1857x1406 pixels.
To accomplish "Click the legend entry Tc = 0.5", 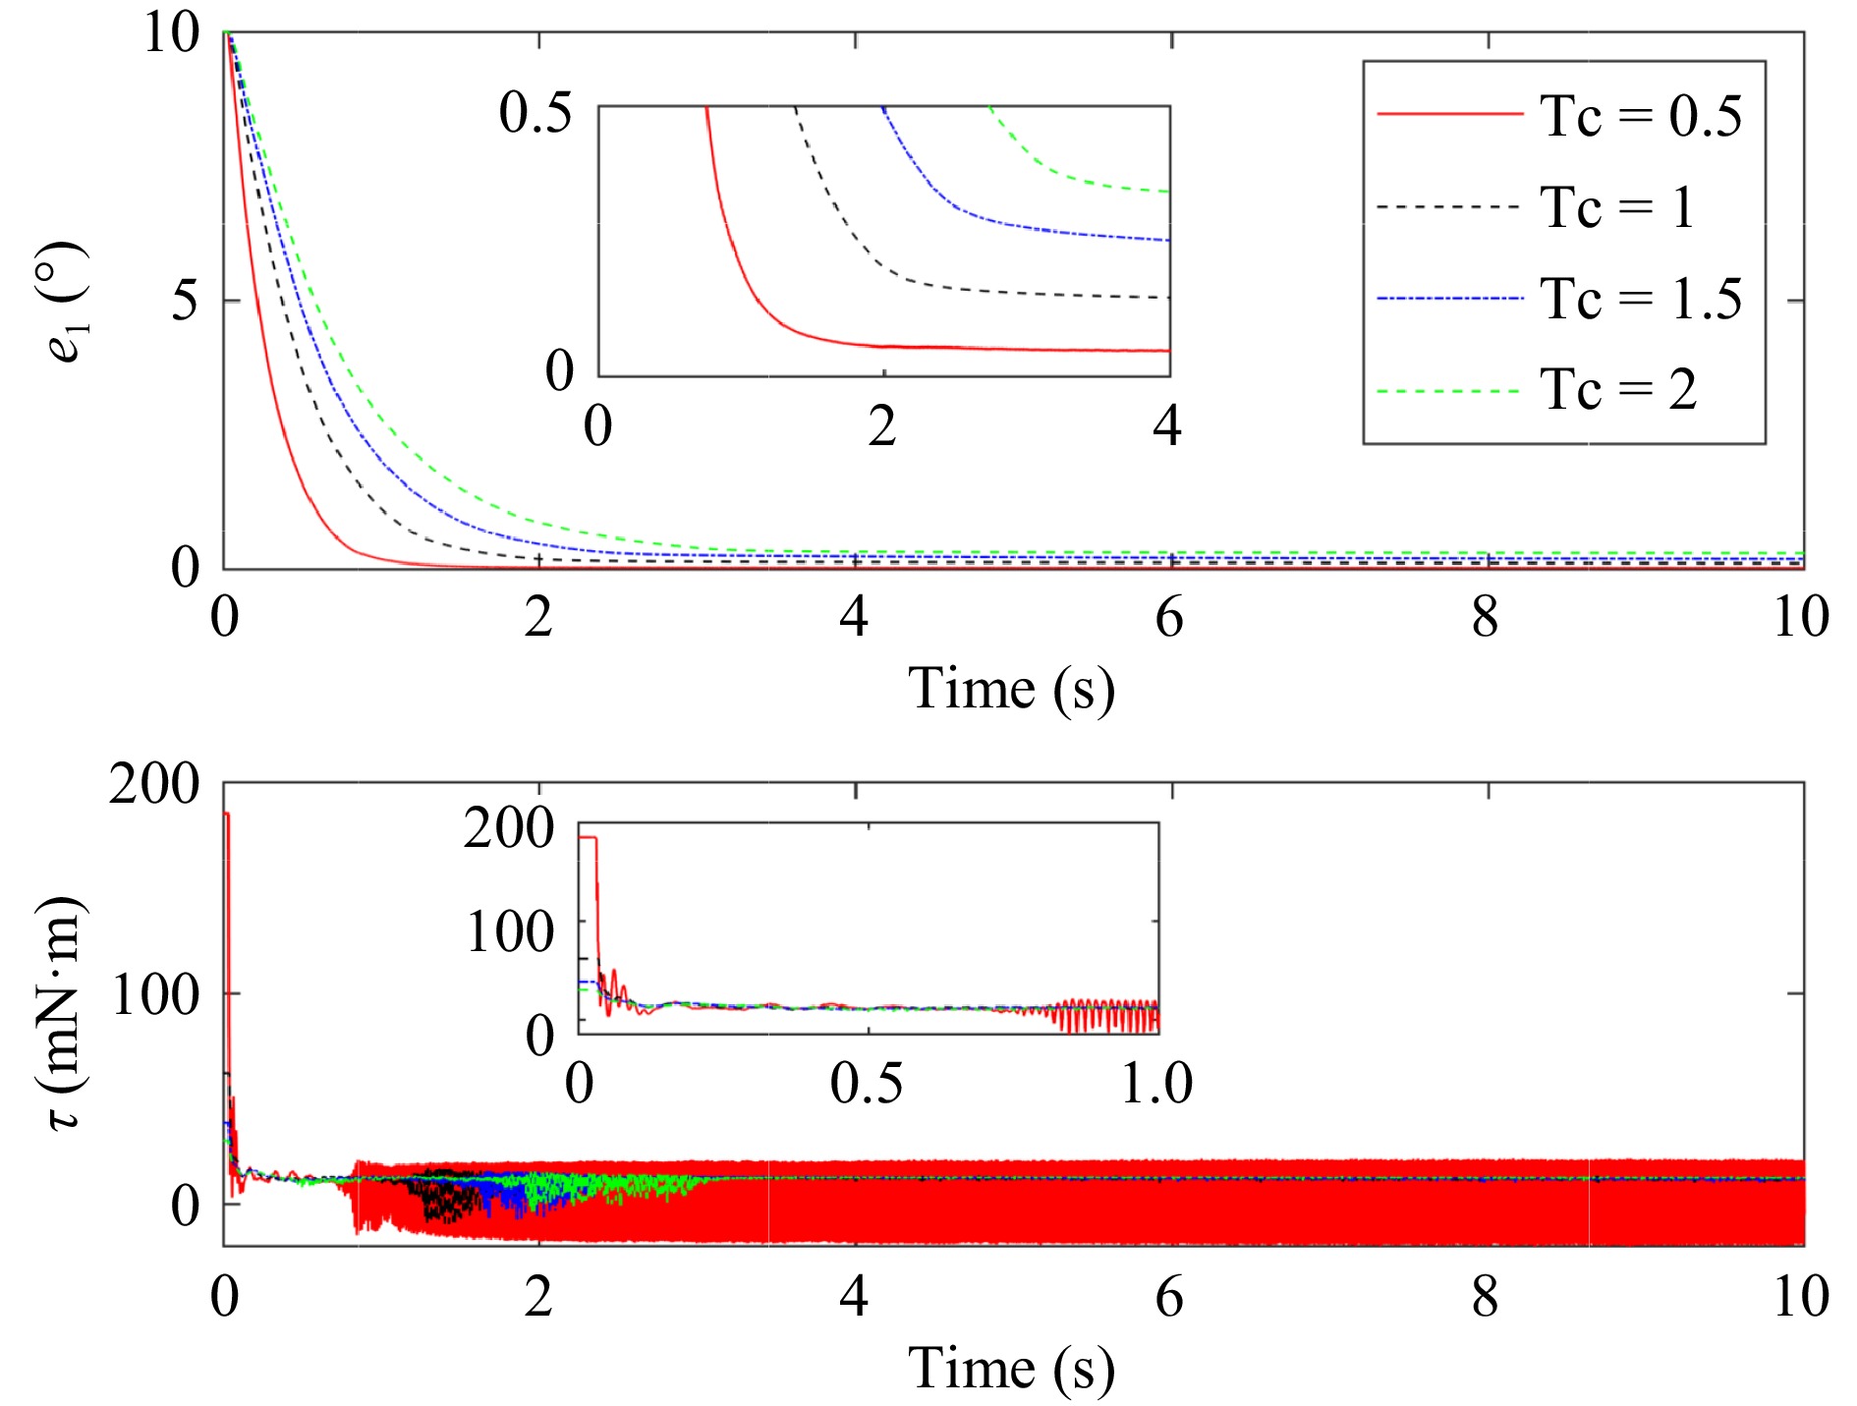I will click(1640, 116).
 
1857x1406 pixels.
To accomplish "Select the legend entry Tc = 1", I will click(1617, 207).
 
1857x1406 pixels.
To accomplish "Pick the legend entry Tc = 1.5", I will click(1640, 299).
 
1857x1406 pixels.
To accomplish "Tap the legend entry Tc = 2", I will click(1617, 390).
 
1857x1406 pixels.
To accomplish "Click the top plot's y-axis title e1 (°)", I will click(67, 302).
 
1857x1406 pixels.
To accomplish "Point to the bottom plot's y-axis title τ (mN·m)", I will click(65, 1012).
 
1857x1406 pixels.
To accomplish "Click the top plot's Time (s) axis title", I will click(1011, 688).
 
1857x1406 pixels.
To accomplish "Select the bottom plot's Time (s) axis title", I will click(1011, 1369).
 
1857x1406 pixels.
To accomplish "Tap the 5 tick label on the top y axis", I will click(185, 300).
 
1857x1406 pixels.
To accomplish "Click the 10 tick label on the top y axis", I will click(172, 33).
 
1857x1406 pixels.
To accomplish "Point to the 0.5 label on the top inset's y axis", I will click(535, 112).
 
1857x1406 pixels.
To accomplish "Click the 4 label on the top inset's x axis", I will click(1167, 425).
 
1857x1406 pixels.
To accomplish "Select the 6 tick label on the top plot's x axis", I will click(1169, 617).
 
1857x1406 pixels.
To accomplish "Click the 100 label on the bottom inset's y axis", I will click(509, 930).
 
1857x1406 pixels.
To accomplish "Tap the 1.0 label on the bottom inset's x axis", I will click(1156, 1083).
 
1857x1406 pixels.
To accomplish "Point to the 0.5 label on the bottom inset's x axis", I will click(866, 1083).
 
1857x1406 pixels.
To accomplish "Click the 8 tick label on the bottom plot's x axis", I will click(1486, 1297).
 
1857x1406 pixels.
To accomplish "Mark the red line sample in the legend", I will click(1449, 115).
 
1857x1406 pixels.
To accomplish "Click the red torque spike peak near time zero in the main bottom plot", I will click(226, 814).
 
